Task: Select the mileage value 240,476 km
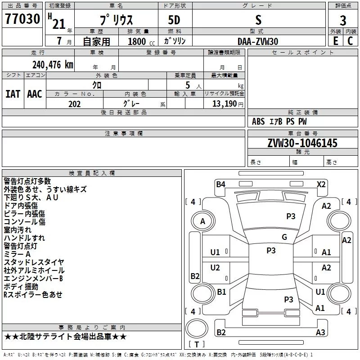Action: tap(52, 65)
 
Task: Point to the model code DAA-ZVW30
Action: tap(258, 41)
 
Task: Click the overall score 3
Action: tap(343, 20)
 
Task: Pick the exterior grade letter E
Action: tap(335, 41)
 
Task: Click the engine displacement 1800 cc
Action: tap(137, 42)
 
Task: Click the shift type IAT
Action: tap(13, 94)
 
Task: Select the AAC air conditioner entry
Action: tap(35, 94)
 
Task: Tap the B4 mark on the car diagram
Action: tap(220, 184)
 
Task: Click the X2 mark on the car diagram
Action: tap(321, 184)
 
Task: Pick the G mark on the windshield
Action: tap(284, 237)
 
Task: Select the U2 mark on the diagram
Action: tap(215, 268)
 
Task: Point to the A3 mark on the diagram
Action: tap(320, 333)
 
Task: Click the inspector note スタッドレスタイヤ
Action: tap(34, 262)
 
